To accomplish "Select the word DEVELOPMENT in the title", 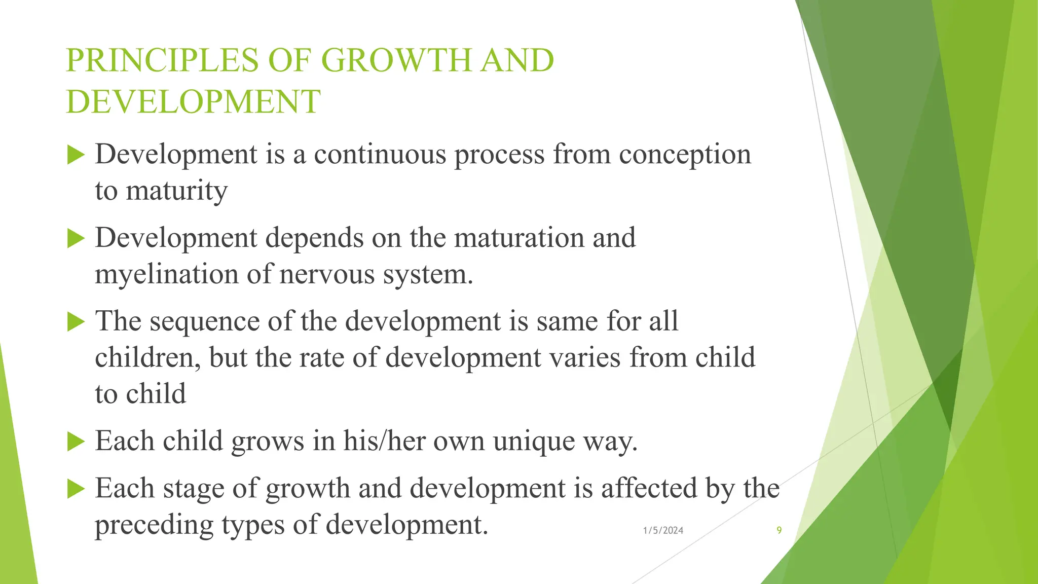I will (x=193, y=101).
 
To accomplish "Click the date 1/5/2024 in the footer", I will (x=663, y=530).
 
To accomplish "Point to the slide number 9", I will (x=779, y=530).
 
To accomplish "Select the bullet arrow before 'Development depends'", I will (x=76, y=238).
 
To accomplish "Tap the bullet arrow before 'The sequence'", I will (x=76, y=321).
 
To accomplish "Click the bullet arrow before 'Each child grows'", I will (x=76, y=441).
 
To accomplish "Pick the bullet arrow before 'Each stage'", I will (x=76, y=489).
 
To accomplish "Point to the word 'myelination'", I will (x=167, y=274).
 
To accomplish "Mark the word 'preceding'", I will (x=154, y=525).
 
